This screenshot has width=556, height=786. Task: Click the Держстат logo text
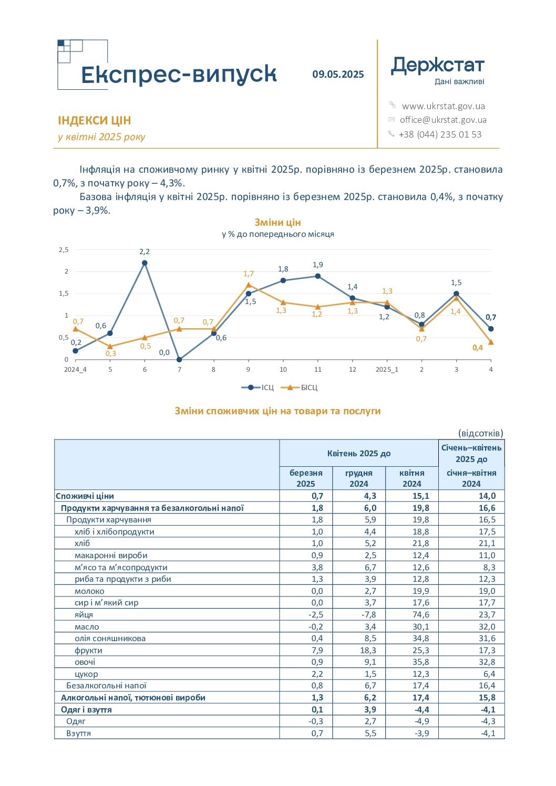click(x=437, y=66)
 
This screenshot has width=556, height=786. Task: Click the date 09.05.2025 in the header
click(x=338, y=75)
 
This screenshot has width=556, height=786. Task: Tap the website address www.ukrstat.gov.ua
click(x=443, y=106)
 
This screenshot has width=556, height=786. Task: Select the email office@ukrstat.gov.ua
click(x=443, y=120)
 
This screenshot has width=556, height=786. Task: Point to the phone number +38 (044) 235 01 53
click(x=440, y=134)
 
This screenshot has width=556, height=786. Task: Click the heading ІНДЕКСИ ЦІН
click(x=95, y=120)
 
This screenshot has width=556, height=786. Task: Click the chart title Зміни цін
click(x=277, y=223)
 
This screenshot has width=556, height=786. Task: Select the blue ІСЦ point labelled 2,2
click(x=145, y=263)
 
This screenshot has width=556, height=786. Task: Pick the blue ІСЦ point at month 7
click(x=179, y=359)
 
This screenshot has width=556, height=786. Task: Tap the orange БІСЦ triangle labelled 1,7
click(x=249, y=285)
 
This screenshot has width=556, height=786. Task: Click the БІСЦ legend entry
click(x=300, y=387)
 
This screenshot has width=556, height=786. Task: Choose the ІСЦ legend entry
click(x=258, y=387)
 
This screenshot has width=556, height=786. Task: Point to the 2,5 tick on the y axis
click(x=64, y=250)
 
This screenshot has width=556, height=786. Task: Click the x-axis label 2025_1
click(x=387, y=370)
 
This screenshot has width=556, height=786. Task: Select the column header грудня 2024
click(x=358, y=478)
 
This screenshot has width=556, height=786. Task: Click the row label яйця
click(x=84, y=614)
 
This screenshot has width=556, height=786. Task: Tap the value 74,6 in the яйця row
click(x=420, y=614)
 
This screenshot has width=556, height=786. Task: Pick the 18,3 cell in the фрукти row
click(x=368, y=650)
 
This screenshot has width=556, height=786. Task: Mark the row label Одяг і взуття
click(x=86, y=709)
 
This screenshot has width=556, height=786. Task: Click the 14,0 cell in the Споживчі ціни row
click(x=487, y=496)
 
